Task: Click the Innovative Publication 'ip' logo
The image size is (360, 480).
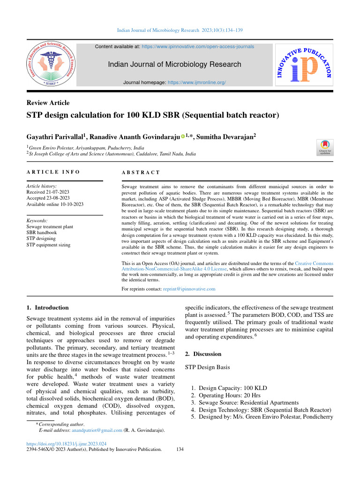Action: (304, 66)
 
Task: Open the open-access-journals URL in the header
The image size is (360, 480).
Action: (198, 47)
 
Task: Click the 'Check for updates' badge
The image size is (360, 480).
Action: (325, 147)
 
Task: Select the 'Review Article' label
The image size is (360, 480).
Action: (48, 103)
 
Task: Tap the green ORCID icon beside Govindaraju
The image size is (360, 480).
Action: (183, 137)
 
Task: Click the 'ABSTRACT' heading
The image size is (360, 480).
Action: (141, 172)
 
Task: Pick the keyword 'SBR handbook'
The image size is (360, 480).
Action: (45, 232)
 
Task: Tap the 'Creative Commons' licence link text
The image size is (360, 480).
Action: (314, 264)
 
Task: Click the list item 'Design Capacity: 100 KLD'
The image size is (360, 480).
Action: (233, 388)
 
